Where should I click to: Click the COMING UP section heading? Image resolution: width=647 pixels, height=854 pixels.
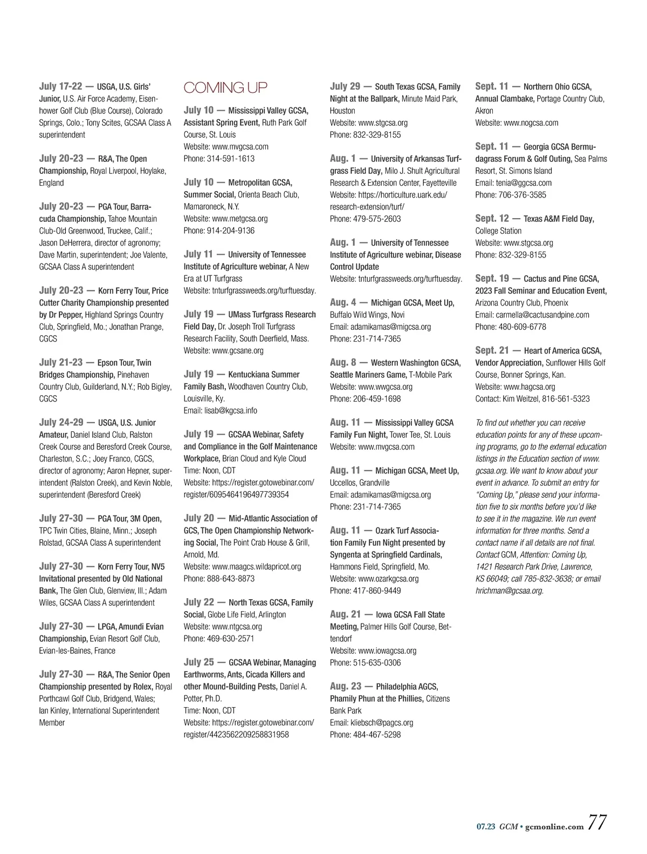(225, 87)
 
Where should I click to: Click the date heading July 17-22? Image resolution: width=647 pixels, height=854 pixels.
(60, 86)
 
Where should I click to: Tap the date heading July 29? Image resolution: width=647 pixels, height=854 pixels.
(345, 86)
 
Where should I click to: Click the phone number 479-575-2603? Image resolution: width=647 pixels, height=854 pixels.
(377, 219)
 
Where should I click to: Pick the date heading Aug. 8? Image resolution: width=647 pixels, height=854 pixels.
(343, 362)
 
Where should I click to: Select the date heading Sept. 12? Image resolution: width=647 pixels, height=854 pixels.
(492, 218)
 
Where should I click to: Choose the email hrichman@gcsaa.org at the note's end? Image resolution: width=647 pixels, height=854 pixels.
(509, 591)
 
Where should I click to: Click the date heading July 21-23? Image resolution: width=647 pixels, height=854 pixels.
(60, 362)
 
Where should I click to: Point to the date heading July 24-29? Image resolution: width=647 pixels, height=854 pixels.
(61, 422)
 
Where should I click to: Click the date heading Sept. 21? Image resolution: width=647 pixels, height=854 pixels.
(492, 350)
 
